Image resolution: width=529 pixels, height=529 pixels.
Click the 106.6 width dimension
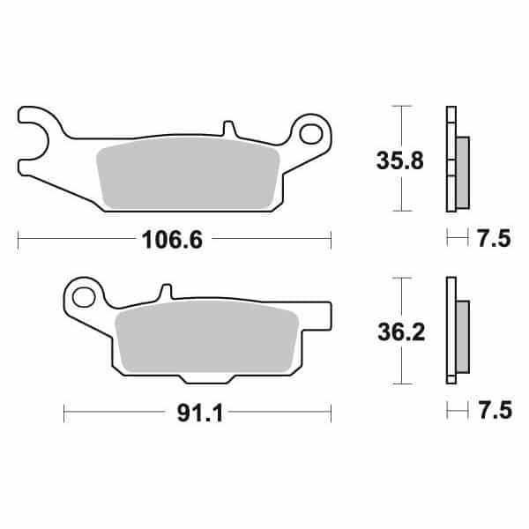[173, 240]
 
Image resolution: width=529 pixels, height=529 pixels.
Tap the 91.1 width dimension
[200, 413]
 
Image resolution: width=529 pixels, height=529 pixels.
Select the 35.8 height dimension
[399, 160]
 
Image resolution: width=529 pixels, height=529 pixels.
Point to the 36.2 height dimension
[401, 332]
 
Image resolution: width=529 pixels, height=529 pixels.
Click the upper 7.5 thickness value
[495, 238]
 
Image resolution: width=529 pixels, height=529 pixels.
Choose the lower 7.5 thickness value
[495, 410]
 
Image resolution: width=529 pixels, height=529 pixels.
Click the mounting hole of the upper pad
[310, 134]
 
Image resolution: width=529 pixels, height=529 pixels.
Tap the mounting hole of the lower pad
[84, 297]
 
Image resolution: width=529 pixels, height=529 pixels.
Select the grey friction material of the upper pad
[189, 173]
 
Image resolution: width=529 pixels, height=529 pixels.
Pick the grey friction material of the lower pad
[207, 337]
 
